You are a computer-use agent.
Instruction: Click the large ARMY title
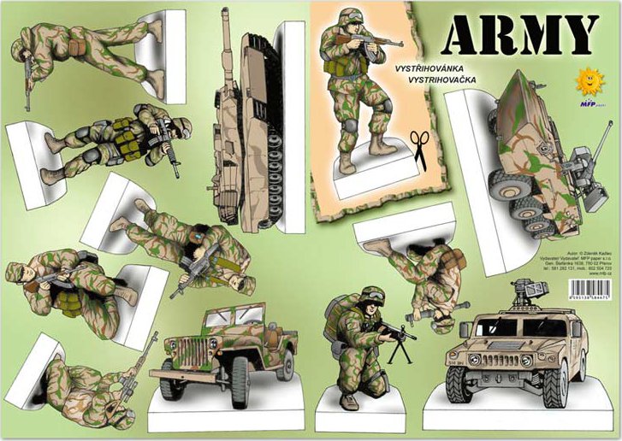(521, 35)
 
